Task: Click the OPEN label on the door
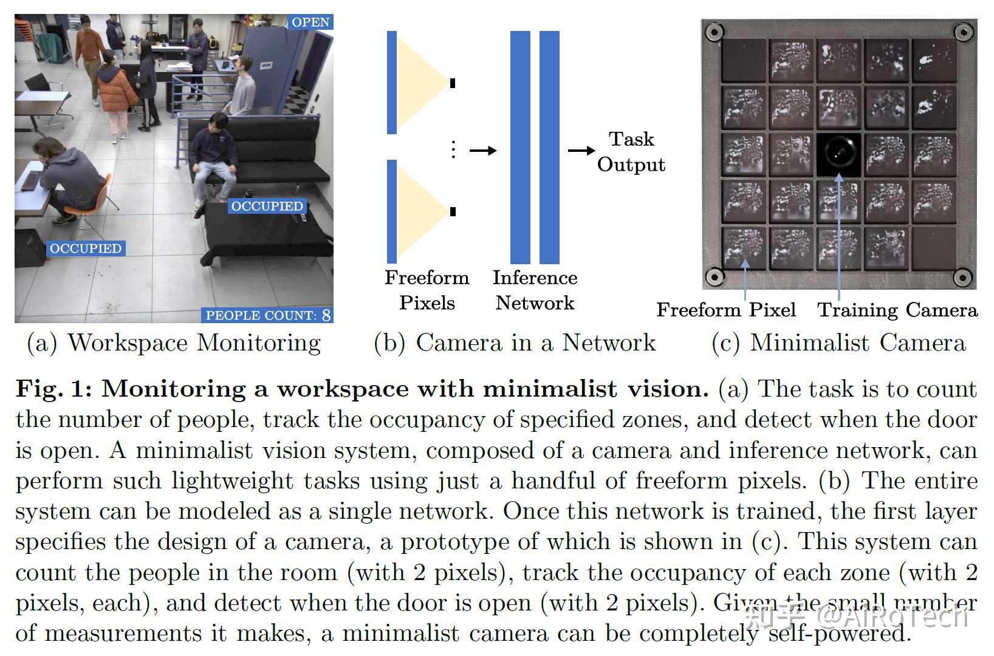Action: pos(310,22)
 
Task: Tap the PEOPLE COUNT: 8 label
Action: pos(268,315)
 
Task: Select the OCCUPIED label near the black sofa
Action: pos(267,207)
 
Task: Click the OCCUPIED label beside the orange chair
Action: pos(86,248)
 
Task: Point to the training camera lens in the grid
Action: pos(838,154)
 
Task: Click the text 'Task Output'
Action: pos(631,152)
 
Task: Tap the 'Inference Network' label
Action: pos(535,290)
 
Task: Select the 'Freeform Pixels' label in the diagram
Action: pos(427,290)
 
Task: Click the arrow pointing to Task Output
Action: pos(581,151)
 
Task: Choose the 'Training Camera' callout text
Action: pos(897,310)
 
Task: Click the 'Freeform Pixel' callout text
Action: pos(726,310)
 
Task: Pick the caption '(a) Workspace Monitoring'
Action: pos(174,343)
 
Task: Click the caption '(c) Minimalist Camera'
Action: pos(838,343)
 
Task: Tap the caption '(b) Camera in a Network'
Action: pos(515,343)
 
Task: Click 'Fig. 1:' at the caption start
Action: pos(53,389)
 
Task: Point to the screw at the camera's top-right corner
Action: pos(962,31)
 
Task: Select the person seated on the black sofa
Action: pos(213,158)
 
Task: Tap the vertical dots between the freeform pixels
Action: pos(453,149)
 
